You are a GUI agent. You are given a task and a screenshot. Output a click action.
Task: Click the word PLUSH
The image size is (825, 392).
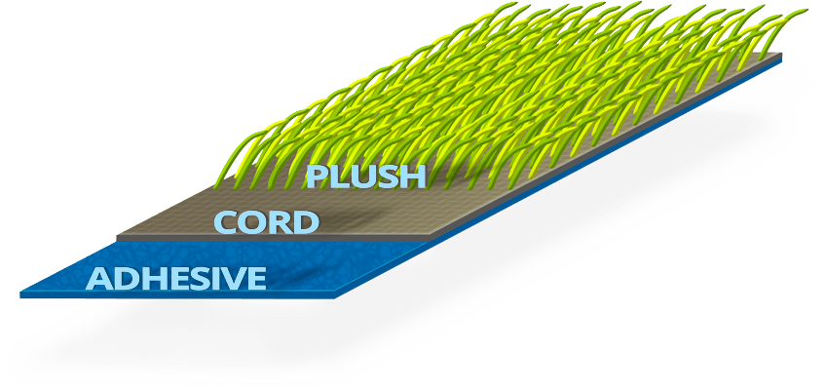click(x=366, y=176)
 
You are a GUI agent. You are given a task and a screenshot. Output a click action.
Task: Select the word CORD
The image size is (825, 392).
click(x=266, y=223)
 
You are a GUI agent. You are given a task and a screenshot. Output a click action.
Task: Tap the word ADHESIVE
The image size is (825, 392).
click(x=176, y=279)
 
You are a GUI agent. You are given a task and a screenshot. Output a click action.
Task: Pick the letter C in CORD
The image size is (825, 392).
click(x=227, y=223)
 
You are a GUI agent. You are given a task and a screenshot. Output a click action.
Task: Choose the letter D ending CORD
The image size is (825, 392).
click(x=304, y=223)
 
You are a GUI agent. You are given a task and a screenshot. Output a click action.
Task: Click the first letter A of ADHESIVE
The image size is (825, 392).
click(x=98, y=280)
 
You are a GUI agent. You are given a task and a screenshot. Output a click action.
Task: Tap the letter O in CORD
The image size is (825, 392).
click(x=252, y=223)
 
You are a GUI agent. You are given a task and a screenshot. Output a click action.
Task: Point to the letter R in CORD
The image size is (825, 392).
click(x=279, y=223)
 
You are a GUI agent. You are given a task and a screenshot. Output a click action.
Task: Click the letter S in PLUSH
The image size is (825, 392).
click(x=387, y=176)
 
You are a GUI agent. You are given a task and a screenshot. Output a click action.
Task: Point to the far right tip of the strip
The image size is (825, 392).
click(x=781, y=56)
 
